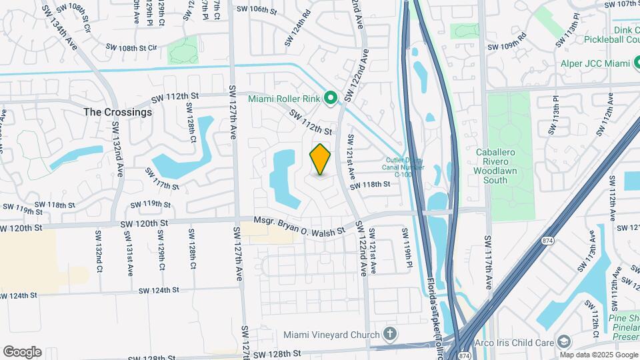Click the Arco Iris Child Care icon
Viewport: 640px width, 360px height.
tap(565, 342)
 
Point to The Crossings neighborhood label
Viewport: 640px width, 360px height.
tap(117, 112)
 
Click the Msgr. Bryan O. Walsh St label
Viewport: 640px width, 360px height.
tap(299, 225)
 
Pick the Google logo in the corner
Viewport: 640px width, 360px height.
tap(22, 352)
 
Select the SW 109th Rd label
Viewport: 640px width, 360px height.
tap(507, 47)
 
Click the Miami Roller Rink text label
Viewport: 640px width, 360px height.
tap(285, 99)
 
